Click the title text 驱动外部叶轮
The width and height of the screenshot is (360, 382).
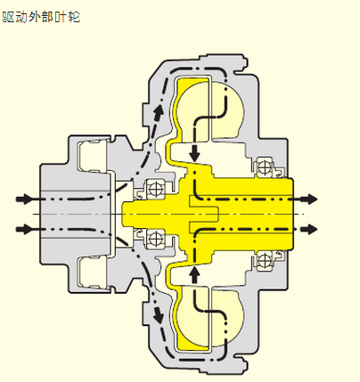41,17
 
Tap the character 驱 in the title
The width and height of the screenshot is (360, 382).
9,17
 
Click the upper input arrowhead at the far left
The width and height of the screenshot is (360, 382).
24,199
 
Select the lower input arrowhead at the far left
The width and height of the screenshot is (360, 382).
24,229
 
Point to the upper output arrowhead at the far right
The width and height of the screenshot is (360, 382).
309,199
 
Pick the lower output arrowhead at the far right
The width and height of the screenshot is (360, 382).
309,229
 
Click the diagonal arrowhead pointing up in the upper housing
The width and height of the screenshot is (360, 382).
159,111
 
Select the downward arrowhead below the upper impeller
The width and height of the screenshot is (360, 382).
195,154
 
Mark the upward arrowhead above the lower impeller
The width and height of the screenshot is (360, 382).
195,273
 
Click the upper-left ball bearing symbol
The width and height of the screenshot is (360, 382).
155,189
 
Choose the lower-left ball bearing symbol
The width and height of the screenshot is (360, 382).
155,239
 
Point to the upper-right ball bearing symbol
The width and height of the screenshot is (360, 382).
264,167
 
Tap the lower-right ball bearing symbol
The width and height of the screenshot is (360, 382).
264,261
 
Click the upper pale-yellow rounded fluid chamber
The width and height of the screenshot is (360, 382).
226,110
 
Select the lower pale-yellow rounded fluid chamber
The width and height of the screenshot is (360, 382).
226,318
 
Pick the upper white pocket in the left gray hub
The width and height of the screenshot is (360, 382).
92,157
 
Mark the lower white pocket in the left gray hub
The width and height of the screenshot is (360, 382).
92,272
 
